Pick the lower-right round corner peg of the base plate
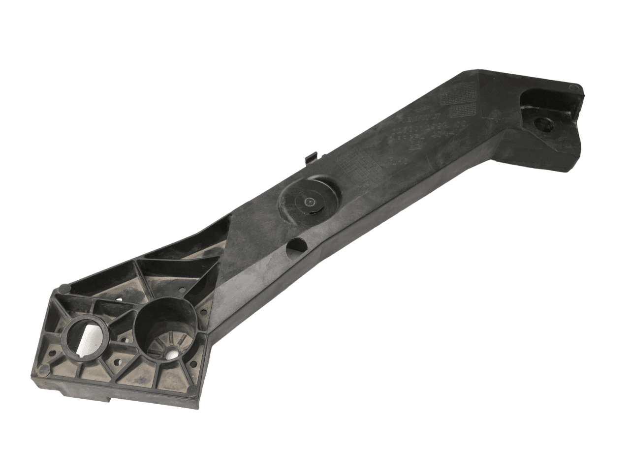tap(191, 391)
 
